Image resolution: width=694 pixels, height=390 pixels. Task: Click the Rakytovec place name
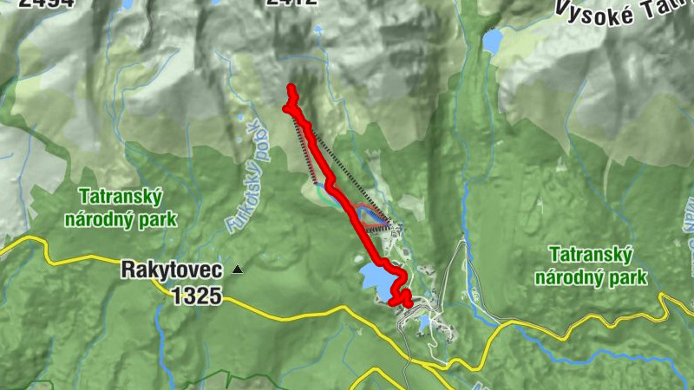click(x=173, y=270)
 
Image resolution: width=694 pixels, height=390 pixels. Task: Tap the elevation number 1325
click(x=196, y=296)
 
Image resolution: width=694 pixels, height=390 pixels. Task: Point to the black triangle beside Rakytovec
click(x=238, y=270)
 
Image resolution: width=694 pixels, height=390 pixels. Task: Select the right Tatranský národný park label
click(x=591, y=266)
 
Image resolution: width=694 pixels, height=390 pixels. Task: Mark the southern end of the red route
click(x=406, y=302)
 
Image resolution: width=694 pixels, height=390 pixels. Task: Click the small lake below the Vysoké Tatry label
click(x=493, y=40)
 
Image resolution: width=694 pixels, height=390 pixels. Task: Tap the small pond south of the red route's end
click(x=423, y=322)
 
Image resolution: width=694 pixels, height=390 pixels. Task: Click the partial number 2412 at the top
click(x=291, y=3)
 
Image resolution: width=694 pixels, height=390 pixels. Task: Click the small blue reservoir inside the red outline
click(x=366, y=215)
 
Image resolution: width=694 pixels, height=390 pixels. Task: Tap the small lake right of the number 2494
click(x=128, y=4)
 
